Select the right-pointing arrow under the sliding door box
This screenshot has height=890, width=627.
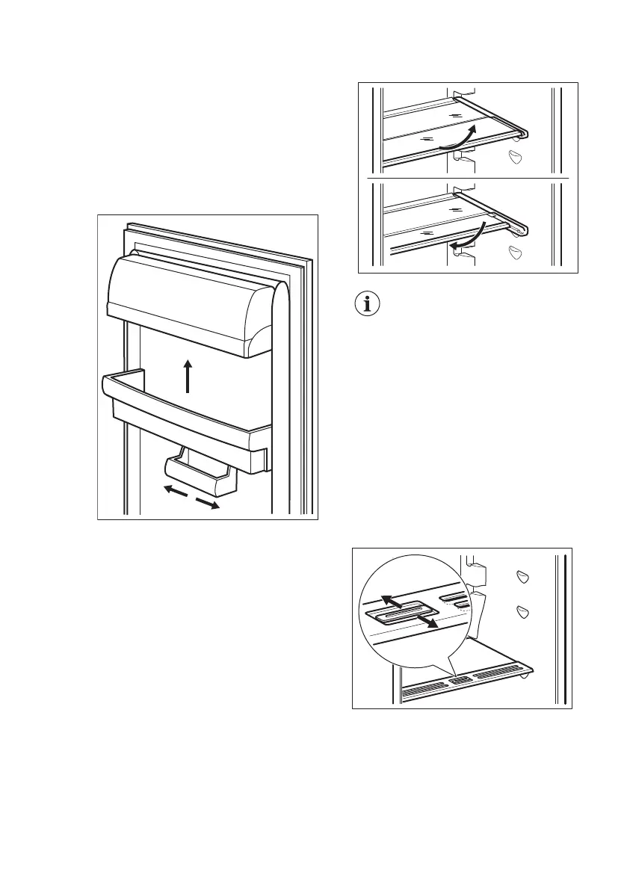(x=208, y=503)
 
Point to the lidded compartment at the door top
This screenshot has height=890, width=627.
(x=187, y=306)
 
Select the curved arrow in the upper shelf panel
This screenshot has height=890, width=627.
(x=457, y=139)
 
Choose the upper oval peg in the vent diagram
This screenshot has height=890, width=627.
(x=522, y=576)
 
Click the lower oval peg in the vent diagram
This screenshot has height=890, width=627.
(x=522, y=612)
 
